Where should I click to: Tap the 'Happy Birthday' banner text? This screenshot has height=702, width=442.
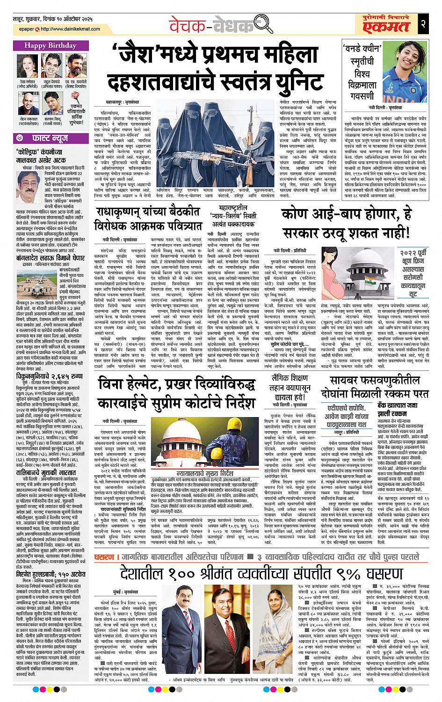pos(45,46)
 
